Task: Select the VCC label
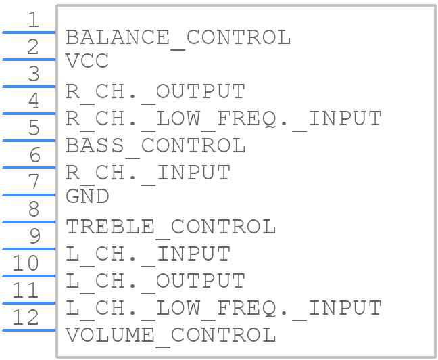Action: tap(87, 61)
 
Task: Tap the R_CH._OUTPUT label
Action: tap(155, 91)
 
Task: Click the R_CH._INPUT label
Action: tap(148, 173)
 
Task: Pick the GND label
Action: tap(87, 196)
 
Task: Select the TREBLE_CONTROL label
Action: tap(171, 227)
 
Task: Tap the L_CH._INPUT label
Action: tap(148, 254)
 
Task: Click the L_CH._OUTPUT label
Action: tap(155, 281)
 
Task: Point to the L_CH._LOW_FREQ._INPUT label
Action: tap(224, 308)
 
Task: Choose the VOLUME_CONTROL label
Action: tap(171, 335)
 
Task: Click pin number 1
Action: tap(34, 20)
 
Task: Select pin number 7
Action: tap(34, 182)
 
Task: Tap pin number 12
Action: tap(26, 317)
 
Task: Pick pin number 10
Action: tap(26, 263)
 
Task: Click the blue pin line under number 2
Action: tap(29, 60)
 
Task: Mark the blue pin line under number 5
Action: tap(29, 141)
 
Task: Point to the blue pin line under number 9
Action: tap(29, 249)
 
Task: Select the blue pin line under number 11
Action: tap(29, 303)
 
